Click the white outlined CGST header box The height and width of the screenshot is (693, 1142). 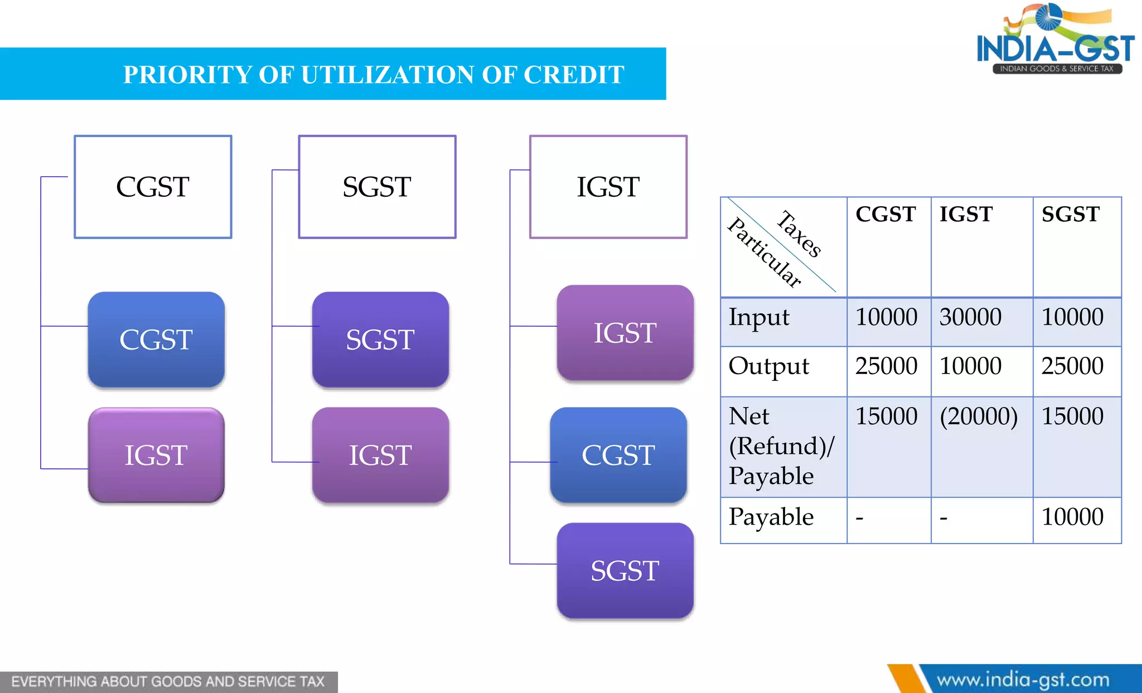[x=153, y=187]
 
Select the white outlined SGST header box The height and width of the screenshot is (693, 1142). [x=377, y=187]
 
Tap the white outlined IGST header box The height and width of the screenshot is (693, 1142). [x=608, y=187]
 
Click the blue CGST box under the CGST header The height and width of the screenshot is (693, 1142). [x=156, y=340]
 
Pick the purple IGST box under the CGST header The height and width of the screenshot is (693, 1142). [x=156, y=455]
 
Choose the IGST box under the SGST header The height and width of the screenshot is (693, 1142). [x=380, y=455]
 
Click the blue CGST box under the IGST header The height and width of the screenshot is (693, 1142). [x=618, y=455]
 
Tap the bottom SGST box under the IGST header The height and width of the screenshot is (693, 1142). [x=625, y=570]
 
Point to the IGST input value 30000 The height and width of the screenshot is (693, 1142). [x=970, y=317]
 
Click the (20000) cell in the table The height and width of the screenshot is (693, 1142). [x=979, y=416]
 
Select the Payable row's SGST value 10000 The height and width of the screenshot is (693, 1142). [x=1072, y=517]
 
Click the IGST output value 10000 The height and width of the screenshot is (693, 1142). [x=970, y=366]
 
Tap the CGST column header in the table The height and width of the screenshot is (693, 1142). [x=885, y=214]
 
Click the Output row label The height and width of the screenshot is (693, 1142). [x=768, y=366]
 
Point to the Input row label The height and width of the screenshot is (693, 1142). [x=759, y=317]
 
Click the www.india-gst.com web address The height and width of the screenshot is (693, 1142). [x=1023, y=680]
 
